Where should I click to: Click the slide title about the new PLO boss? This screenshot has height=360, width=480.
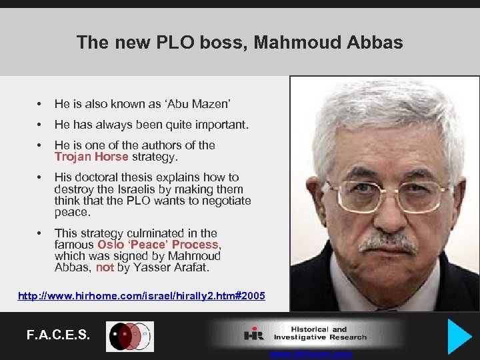[x=239, y=43]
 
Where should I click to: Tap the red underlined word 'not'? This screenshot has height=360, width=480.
[x=105, y=268]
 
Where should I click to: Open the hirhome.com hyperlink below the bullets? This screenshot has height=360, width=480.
[x=141, y=295]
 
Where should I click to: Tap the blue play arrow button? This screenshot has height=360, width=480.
[x=459, y=335]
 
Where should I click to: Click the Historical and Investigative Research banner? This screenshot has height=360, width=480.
[x=307, y=333]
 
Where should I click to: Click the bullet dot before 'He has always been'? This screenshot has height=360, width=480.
[x=41, y=125]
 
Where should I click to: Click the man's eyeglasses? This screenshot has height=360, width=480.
[x=387, y=196]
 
